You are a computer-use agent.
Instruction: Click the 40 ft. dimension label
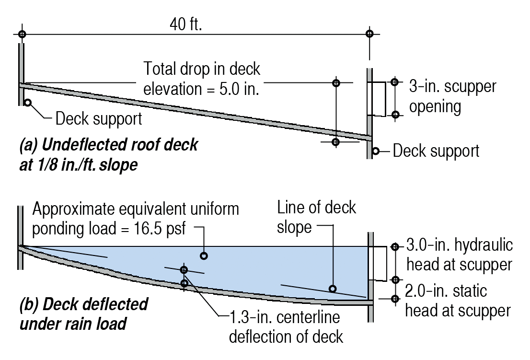(186, 23)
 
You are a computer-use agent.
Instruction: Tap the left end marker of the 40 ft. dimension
(21, 34)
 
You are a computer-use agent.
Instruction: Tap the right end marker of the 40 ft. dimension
(369, 34)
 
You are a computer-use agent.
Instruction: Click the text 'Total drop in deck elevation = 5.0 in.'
(202, 79)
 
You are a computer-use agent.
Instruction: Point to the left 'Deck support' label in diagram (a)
(99, 118)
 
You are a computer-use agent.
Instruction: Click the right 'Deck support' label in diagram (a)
(436, 151)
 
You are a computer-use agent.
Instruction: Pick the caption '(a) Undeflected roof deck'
(108, 145)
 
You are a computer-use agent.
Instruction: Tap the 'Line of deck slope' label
(317, 217)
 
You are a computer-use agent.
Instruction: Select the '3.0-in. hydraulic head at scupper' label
(459, 255)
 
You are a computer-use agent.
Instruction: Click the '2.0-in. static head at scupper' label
(458, 301)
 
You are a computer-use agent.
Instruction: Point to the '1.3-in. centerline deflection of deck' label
(286, 326)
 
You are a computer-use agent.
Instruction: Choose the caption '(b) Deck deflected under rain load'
(83, 314)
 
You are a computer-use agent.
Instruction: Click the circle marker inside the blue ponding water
(204, 256)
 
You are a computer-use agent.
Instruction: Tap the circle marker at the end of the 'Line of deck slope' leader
(332, 289)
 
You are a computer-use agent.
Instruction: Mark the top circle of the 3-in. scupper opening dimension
(394, 82)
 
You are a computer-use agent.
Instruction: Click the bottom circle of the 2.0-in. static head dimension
(395, 299)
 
